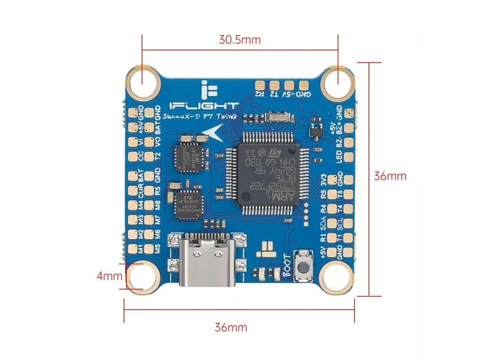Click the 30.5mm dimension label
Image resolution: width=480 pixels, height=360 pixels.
240,39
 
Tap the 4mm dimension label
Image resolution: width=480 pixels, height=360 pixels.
109,276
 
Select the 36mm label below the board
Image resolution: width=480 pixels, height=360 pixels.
231,327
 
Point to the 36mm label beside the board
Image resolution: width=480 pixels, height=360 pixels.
390,176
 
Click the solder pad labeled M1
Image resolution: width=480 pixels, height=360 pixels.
133,248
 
